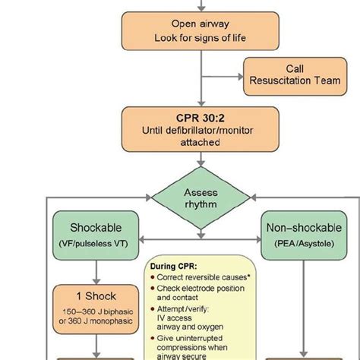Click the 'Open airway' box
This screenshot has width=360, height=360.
tap(202, 31)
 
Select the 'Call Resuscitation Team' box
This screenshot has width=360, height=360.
tap(293, 77)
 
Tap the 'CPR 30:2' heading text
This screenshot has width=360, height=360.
tap(201, 118)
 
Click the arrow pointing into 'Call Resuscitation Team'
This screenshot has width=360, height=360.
tap(235, 77)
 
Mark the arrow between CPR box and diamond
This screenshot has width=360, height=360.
tap(201, 159)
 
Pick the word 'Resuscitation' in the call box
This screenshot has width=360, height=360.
tap(293, 82)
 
